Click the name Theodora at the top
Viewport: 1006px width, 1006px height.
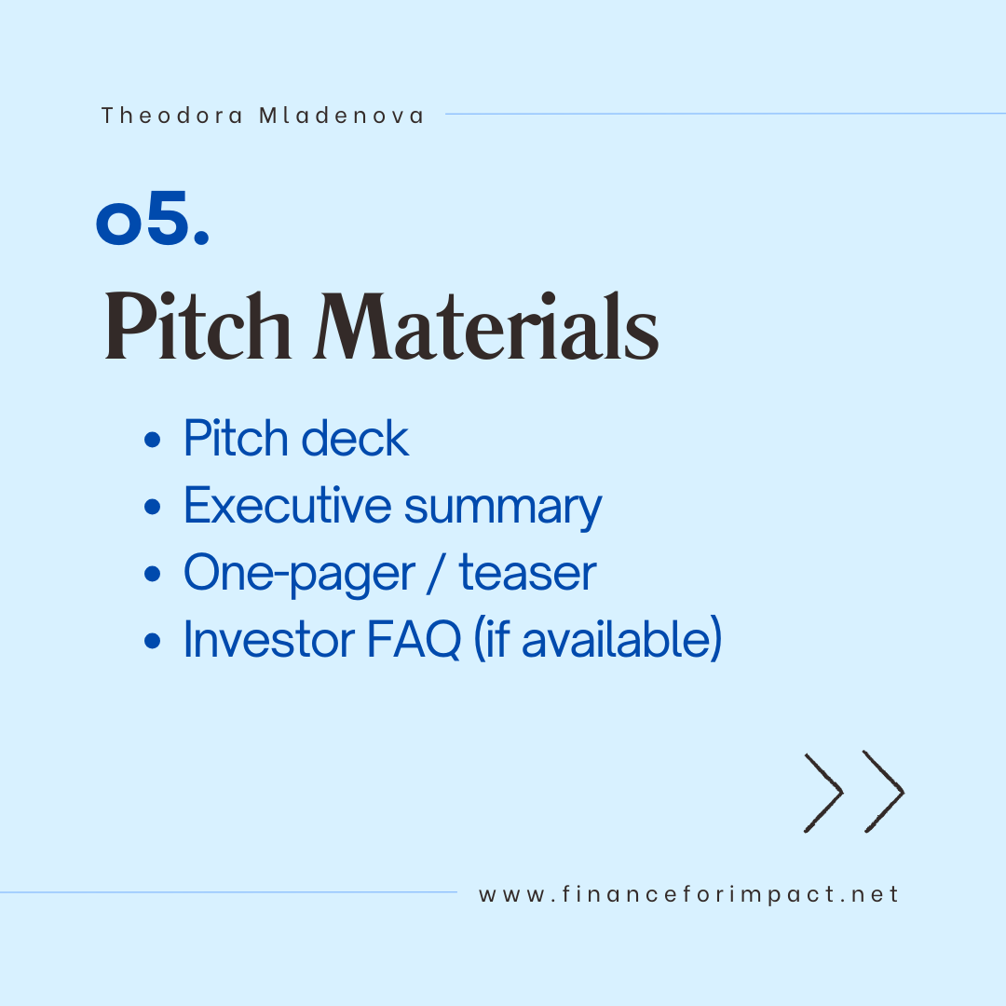point(172,116)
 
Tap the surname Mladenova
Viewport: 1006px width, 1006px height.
point(341,116)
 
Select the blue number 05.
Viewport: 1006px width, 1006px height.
point(153,218)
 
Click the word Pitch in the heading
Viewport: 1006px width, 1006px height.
point(197,326)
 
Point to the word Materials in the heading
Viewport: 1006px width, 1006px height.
point(486,326)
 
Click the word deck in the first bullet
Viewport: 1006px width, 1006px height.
point(355,438)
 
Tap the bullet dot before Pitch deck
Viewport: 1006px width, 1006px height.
point(152,440)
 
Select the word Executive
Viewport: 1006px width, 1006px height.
point(288,506)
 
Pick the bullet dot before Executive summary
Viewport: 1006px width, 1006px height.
point(152,507)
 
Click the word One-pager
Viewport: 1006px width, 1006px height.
point(299,574)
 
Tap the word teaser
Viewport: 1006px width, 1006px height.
point(527,573)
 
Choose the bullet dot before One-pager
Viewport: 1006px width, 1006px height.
point(152,574)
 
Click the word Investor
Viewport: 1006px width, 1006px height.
point(269,639)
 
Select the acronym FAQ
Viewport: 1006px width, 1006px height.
point(414,640)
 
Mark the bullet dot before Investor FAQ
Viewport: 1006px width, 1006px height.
point(152,640)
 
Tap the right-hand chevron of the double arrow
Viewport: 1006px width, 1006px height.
point(884,792)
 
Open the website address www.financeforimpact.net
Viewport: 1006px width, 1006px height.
point(688,894)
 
